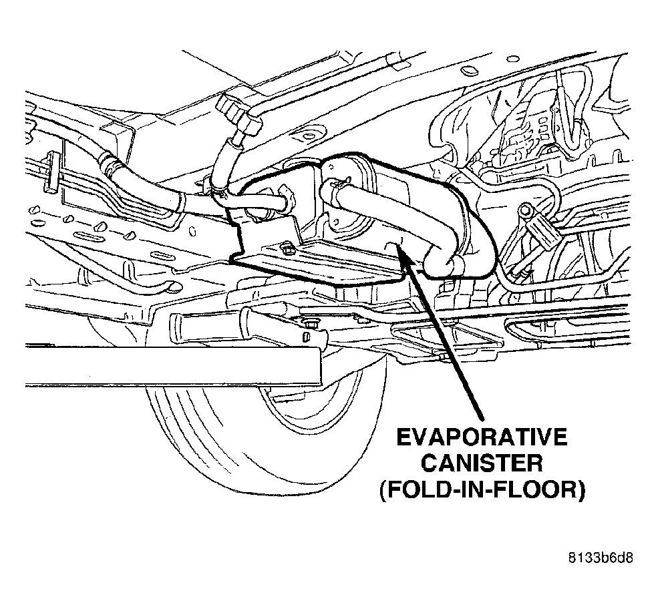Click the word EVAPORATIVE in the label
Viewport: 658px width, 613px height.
pyautogui.click(x=482, y=437)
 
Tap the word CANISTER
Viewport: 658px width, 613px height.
pyautogui.click(x=482, y=464)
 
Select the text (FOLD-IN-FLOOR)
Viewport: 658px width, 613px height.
pyautogui.click(x=482, y=491)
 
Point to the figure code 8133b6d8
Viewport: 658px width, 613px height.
pyautogui.click(x=601, y=558)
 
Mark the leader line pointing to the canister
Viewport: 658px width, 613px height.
pyautogui.click(x=441, y=331)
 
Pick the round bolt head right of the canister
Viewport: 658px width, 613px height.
pyautogui.click(x=524, y=208)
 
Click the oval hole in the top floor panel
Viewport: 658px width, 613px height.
pyautogui.click(x=469, y=70)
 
